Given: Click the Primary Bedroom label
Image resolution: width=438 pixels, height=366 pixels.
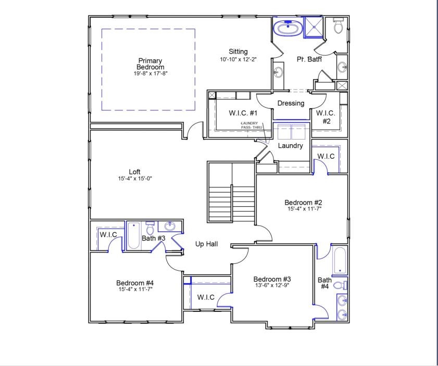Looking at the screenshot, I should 150,64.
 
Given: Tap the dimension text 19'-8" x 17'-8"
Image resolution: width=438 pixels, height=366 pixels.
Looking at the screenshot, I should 150,74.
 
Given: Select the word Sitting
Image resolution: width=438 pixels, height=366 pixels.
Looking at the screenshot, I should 238,52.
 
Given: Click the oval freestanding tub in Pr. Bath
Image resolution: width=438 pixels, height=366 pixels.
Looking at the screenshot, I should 287,28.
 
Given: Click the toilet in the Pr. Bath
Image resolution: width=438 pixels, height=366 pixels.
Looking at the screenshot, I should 338,26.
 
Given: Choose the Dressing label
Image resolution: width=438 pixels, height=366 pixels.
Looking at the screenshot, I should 291,103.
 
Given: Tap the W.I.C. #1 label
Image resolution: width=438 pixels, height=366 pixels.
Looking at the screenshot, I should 243,113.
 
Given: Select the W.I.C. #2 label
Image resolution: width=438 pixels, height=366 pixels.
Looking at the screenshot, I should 326,117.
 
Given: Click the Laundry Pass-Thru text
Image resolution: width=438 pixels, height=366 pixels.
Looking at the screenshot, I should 249,125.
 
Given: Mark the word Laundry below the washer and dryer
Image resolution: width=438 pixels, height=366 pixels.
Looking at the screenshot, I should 290,146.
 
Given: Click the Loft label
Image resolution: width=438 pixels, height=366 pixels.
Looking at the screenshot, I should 134,172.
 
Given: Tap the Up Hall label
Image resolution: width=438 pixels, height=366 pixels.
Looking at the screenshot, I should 206,244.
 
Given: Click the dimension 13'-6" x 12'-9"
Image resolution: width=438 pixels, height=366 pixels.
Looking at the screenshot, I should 272,285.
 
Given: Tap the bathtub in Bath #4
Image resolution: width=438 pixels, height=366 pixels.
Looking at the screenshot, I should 339,260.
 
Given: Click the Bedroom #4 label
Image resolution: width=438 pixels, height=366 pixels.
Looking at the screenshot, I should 134,283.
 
